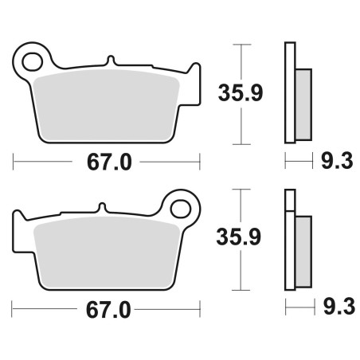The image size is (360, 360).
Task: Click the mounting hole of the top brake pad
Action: click(x=33, y=62)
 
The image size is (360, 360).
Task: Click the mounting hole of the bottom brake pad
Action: click(x=181, y=209)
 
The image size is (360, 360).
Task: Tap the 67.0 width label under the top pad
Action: click(x=109, y=162)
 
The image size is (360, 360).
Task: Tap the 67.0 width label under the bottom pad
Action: click(x=108, y=310)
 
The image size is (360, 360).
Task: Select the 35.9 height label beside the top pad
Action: click(x=241, y=93)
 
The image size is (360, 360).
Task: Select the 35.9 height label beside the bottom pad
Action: click(x=239, y=237)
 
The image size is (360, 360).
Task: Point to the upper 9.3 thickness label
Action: click(x=337, y=161)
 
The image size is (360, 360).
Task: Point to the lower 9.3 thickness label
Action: click(x=339, y=307)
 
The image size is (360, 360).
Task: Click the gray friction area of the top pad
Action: click(x=106, y=105)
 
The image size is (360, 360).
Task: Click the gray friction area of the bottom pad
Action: click(x=106, y=252)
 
